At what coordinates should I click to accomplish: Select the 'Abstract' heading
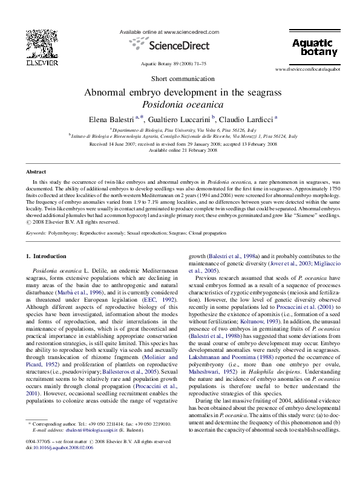tap(36, 172)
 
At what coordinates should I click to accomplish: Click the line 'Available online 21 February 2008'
tap(180, 151)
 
